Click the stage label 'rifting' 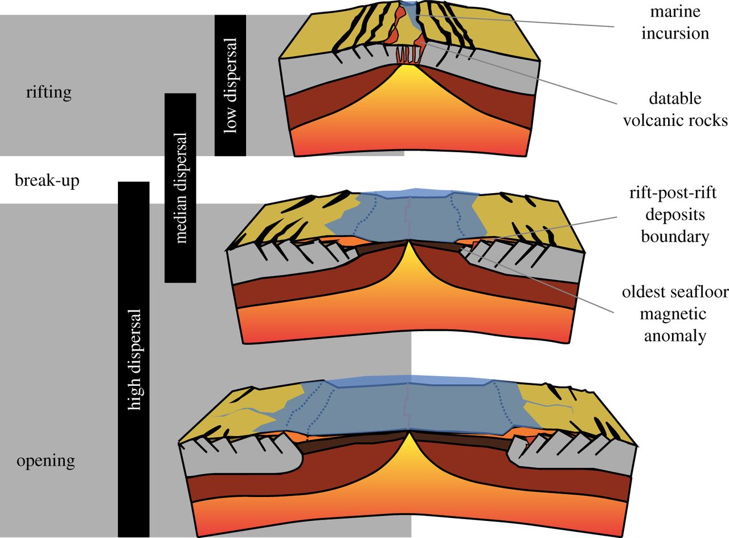48,92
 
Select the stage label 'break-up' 47,181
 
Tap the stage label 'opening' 46,460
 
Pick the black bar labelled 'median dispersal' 180,188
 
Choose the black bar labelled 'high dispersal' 134,359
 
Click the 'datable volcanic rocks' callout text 675,109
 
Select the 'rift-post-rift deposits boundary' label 675,215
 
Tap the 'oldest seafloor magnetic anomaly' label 675,314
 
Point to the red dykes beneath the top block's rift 408,55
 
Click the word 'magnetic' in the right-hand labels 675,314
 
